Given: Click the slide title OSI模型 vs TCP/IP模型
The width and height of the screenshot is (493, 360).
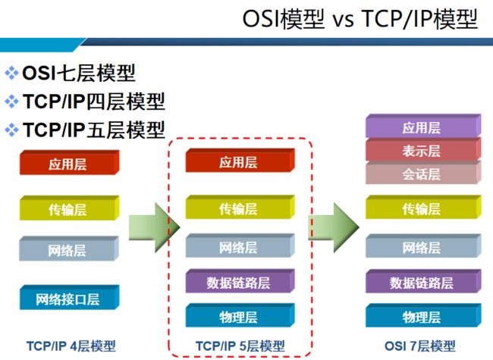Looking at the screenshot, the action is click(x=360, y=19).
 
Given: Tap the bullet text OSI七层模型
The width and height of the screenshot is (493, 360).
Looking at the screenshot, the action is click(x=79, y=73).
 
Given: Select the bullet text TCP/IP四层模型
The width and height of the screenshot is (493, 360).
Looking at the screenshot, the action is click(x=94, y=102).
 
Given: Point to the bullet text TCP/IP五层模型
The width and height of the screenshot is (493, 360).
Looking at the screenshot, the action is click(x=94, y=130).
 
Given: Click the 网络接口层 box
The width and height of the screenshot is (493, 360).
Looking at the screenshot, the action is click(x=70, y=297).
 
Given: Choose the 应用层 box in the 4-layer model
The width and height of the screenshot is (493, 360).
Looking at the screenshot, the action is click(x=70, y=162).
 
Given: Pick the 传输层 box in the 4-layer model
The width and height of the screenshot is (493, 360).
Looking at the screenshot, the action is click(x=70, y=208).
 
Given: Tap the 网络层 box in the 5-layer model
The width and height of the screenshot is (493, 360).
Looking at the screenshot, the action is click(x=240, y=246).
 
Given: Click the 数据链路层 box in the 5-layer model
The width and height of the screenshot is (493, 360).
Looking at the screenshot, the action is click(x=240, y=281).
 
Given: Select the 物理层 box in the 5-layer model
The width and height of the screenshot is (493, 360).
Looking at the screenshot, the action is click(x=240, y=315).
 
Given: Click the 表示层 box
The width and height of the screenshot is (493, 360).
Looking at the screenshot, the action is click(x=423, y=149).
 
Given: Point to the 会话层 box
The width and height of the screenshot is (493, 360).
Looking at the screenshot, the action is click(x=423, y=172).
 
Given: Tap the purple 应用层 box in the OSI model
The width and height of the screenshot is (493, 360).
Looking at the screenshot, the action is click(x=423, y=126).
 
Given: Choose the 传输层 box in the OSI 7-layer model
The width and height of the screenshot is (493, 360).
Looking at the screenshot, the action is click(x=423, y=207).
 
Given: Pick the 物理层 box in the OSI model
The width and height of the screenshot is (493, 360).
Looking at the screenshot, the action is click(x=423, y=315).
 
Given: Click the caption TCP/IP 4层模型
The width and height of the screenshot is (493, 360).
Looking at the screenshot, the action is click(x=71, y=346).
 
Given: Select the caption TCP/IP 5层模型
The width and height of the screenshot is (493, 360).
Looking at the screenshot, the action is click(x=240, y=346).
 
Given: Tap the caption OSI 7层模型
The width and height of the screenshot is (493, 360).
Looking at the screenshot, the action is click(x=419, y=346).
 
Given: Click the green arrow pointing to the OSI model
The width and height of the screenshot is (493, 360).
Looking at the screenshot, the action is click(x=334, y=227).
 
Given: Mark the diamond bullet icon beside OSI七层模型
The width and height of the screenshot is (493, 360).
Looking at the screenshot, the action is click(x=11, y=73).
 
